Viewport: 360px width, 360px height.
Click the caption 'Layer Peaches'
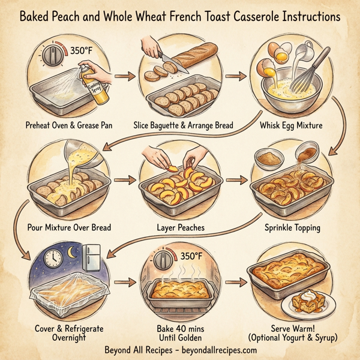click(181, 228)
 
